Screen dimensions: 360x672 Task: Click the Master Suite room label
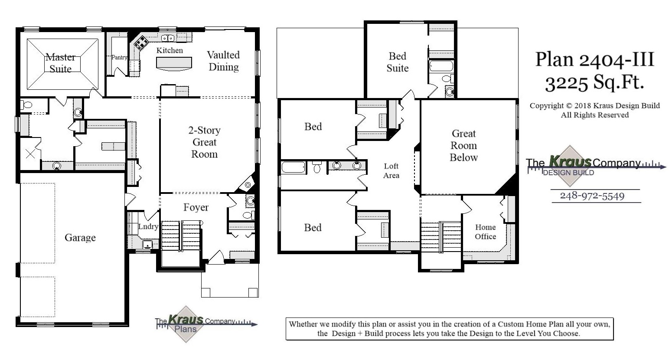61,63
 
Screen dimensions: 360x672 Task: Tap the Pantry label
119,57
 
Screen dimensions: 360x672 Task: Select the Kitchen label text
170,50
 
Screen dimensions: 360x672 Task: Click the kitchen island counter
174,64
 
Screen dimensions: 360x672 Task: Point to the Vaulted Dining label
223,61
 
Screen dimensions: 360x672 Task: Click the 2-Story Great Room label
204,142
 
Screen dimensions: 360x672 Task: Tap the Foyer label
196,207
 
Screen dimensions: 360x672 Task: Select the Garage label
80,238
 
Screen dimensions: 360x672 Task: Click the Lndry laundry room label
148,226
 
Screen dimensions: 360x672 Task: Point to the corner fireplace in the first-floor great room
248,185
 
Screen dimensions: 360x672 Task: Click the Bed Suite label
398,62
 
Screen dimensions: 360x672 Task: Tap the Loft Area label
391,170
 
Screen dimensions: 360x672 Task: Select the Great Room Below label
463,145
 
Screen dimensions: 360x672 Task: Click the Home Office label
485,232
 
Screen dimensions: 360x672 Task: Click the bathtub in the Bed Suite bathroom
441,66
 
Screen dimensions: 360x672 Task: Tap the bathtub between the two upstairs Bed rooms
294,167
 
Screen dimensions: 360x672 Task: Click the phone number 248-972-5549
592,196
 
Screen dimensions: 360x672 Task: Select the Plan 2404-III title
594,59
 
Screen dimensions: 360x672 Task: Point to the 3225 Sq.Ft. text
594,82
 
